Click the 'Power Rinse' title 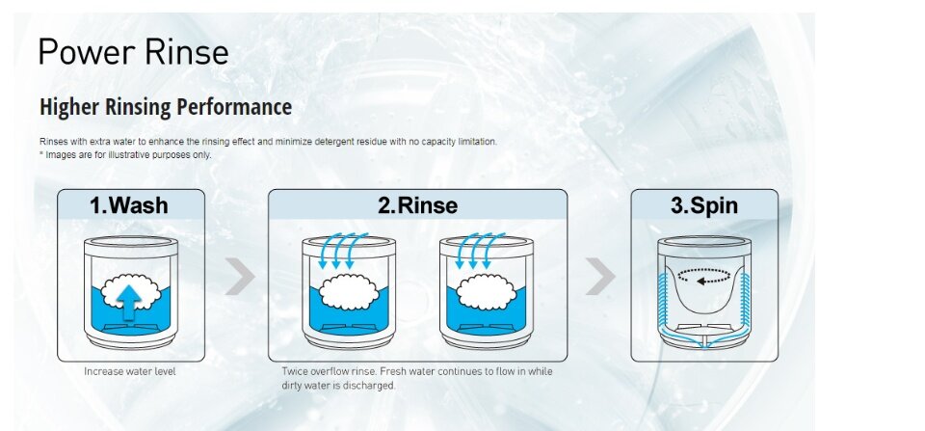pos(133,51)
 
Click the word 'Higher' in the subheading pos(69,107)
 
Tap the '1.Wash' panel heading pos(129,205)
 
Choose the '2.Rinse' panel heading pos(417,205)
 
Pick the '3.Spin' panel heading pos(704,205)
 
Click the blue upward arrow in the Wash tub pos(128,301)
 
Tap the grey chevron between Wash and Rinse pos(240,276)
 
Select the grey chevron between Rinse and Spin pos(600,276)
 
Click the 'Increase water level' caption pos(130,371)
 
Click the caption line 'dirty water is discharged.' pos(338,386)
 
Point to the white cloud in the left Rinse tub pos(349,291)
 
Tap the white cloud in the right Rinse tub pos(487,291)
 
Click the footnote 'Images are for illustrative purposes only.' pos(128,154)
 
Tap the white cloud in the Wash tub pos(130,290)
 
